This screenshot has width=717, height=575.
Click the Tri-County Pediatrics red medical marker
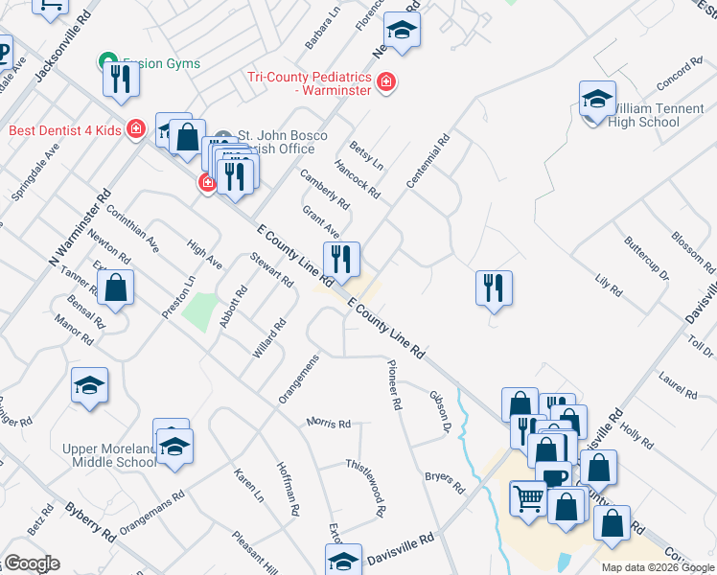point(385,83)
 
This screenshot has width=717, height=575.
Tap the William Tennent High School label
point(644,115)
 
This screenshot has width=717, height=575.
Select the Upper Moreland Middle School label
point(108,455)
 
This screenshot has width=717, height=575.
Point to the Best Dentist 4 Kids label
point(64,130)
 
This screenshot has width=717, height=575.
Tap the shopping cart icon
point(528,498)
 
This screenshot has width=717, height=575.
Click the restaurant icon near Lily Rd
point(494,286)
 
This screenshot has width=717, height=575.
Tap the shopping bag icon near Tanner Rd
point(115,287)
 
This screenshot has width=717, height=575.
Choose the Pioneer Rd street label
point(392,384)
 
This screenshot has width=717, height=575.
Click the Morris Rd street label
point(329,423)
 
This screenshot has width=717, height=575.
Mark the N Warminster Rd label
point(81,226)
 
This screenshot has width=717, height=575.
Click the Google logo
point(31,563)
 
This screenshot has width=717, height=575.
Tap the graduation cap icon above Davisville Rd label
point(343,560)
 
